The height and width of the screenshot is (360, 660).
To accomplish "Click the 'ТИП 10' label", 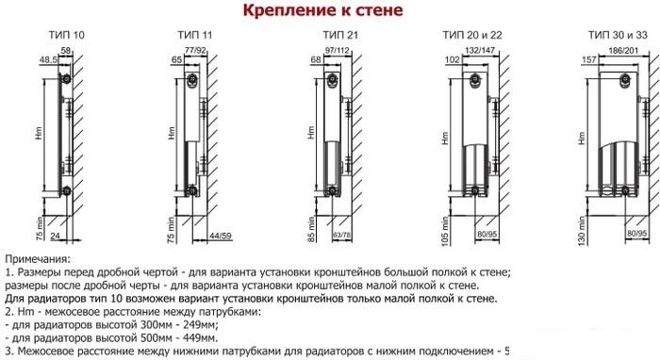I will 66,35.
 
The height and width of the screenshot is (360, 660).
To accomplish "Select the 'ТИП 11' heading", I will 193,35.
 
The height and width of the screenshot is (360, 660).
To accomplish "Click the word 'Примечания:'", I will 38,258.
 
